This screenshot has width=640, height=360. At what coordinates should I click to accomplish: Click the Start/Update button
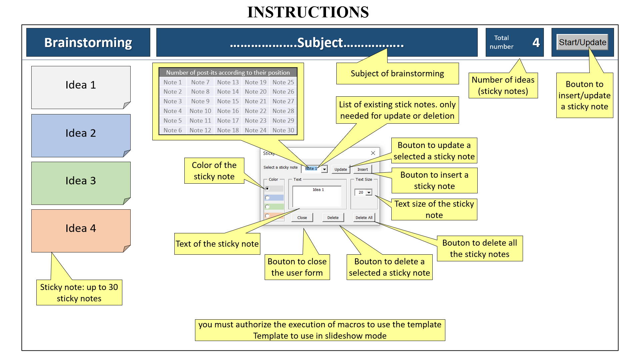(x=582, y=42)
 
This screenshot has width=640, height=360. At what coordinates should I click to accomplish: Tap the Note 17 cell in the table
(x=228, y=121)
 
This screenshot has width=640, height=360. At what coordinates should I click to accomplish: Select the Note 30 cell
(x=283, y=130)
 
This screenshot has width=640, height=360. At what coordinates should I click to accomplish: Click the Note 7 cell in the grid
(x=200, y=82)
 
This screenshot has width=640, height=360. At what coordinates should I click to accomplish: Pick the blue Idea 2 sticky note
(x=81, y=136)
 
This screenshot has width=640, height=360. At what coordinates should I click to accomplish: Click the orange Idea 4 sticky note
(x=81, y=231)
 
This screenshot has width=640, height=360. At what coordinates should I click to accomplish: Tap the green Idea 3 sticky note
(x=81, y=183)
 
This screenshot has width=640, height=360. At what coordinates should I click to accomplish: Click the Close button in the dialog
(x=302, y=218)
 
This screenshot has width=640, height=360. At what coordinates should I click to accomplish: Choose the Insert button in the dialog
(x=363, y=169)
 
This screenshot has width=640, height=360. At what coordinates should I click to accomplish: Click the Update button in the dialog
(x=341, y=169)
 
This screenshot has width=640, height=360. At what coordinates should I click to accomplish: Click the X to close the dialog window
(x=373, y=153)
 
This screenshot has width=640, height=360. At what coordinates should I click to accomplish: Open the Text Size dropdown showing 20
(x=369, y=192)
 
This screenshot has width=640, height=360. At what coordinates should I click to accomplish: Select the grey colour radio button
(x=267, y=189)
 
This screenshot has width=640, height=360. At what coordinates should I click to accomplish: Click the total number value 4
(x=536, y=42)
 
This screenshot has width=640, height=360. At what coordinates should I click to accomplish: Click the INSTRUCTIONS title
(x=308, y=12)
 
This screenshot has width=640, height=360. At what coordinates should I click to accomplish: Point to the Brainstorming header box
(x=88, y=42)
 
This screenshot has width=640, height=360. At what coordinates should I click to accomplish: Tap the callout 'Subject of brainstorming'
(x=397, y=73)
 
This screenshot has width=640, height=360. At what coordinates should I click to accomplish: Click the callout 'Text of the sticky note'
(x=217, y=244)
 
